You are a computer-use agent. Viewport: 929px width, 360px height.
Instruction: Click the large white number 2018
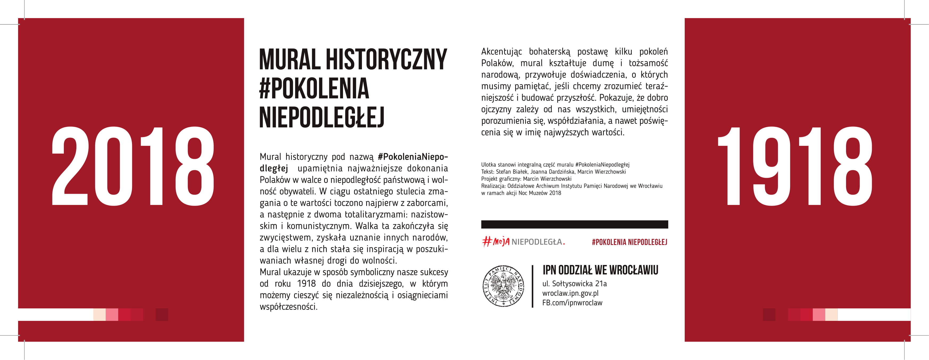tap(133, 166)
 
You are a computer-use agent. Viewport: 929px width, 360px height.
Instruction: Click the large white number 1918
tap(795, 166)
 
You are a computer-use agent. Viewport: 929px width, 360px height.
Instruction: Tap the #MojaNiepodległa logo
tap(523, 242)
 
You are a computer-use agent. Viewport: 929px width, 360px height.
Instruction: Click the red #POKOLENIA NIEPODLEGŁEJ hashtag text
tap(629, 242)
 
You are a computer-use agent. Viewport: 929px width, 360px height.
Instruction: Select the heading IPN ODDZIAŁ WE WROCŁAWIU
tap(600, 270)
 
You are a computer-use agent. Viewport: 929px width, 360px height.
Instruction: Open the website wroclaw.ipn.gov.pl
tap(570, 293)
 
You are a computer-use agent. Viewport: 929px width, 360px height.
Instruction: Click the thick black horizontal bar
tap(575, 224)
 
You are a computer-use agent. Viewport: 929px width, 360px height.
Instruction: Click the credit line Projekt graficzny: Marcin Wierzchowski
tap(526, 179)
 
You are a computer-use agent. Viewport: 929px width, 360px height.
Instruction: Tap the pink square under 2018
tap(112, 315)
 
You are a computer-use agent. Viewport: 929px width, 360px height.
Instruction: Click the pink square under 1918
tap(819, 315)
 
